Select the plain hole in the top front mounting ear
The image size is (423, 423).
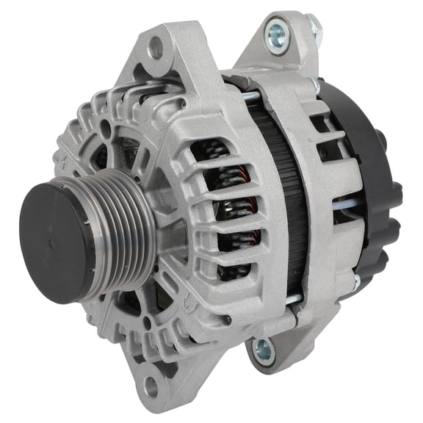click(156, 50)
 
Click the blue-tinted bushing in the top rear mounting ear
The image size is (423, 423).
click(278, 34)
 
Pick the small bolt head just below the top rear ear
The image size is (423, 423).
click(317, 86)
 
